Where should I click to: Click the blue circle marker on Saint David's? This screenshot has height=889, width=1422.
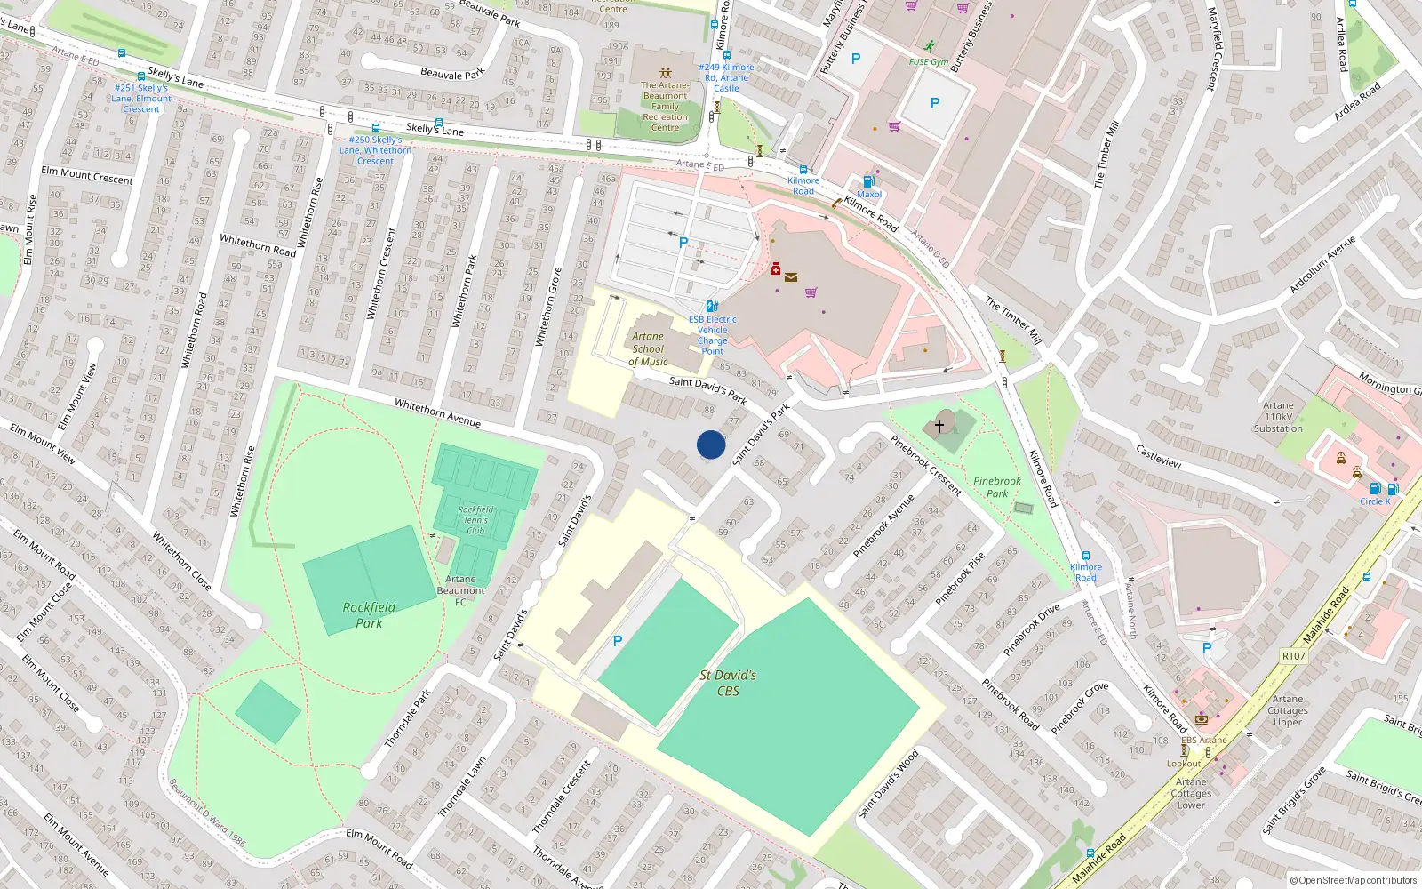pyautogui.click(x=711, y=444)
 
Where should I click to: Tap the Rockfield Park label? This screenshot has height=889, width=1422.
pyautogui.click(x=369, y=615)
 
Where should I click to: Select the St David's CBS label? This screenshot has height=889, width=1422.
pyautogui.click(x=728, y=683)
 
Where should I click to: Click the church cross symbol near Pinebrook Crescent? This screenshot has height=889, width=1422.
pyautogui.click(x=939, y=427)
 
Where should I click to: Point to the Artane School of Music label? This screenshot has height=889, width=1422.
pyautogui.click(x=648, y=349)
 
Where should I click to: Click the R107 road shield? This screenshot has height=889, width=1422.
pyautogui.click(x=1293, y=656)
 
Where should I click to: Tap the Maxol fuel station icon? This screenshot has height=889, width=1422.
pyautogui.click(x=868, y=181)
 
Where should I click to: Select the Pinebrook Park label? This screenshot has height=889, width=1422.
pyautogui.click(x=997, y=487)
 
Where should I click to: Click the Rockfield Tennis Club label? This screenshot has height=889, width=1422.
pyautogui.click(x=475, y=520)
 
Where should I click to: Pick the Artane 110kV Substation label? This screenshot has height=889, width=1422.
pyautogui.click(x=1278, y=417)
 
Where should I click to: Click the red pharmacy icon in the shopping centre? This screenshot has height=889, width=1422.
pyautogui.click(x=775, y=268)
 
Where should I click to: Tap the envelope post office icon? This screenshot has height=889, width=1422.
pyautogui.click(x=790, y=277)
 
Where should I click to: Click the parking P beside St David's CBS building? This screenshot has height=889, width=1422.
pyautogui.click(x=618, y=641)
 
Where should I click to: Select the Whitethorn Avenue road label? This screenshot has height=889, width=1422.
pyautogui.click(x=437, y=413)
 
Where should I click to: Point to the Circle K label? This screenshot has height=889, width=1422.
pyautogui.click(x=1374, y=501)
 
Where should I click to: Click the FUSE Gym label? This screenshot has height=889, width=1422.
pyautogui.click(x=928, y=62)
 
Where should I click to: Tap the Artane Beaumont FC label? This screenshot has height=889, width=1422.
pyautogui.click(x=460, y=590)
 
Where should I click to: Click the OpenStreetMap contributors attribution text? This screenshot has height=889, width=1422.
pyautogui.click(x=1354, y=880)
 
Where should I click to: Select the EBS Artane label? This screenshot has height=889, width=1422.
pyautogui.click(x=1203, y=740)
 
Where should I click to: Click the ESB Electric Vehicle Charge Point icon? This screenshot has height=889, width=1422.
pyautogui.click(x=711, y=306)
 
